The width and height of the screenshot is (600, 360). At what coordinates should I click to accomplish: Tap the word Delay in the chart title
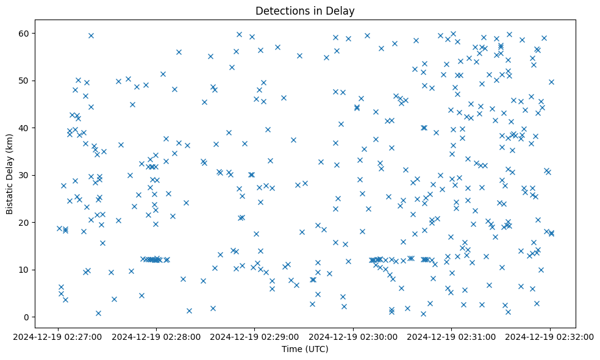tap(342, 11)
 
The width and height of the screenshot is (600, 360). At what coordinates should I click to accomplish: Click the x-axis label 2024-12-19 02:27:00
tap(59, 336)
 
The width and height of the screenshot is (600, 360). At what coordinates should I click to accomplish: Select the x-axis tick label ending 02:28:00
tap(157, 336)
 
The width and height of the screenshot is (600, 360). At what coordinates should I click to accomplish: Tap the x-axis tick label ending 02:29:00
tap(255, 336)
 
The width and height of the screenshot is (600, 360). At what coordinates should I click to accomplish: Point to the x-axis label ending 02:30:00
tap(353, 336)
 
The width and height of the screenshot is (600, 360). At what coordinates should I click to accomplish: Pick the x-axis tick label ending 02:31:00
tap(451, 336)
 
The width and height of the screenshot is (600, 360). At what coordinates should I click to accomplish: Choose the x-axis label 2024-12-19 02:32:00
tap(549, 336)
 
